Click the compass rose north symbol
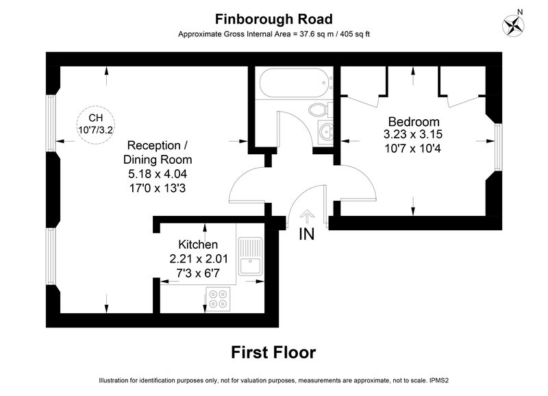[513, 25]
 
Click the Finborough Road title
[273, 19]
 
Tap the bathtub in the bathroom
[295, 83]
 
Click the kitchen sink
[251, 256]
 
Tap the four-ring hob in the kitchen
[218, 299]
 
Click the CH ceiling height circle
[95, 125]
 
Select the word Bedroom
[414, 122]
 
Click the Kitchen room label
[198, 244]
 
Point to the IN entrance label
[306, 234]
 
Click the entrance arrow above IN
[307, 216]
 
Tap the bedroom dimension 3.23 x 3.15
[413, 134]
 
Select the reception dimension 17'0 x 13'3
[158, 188]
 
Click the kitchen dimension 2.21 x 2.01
[199, 259]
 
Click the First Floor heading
[273, 352]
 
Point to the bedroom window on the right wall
[499, 147]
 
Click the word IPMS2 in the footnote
[439, 380]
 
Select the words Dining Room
[158, 160]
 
